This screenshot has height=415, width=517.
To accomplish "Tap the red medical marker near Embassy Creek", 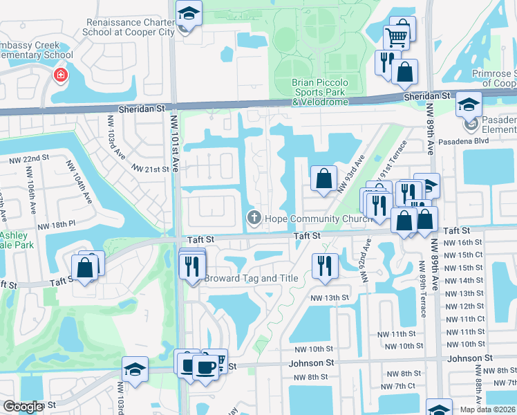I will point(62,75).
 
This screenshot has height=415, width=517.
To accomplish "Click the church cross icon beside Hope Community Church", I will point(254,219).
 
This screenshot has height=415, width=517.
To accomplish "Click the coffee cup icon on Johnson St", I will point(205,366).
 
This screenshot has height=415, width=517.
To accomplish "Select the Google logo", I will point(23,407).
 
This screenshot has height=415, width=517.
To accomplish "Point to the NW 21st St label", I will point(150,169).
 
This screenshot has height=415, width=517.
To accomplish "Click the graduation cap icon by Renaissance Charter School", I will point(187,15).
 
